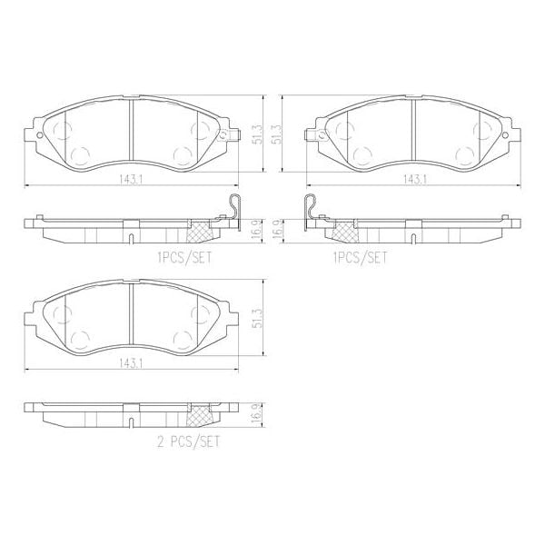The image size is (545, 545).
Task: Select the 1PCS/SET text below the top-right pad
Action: point(361,258)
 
